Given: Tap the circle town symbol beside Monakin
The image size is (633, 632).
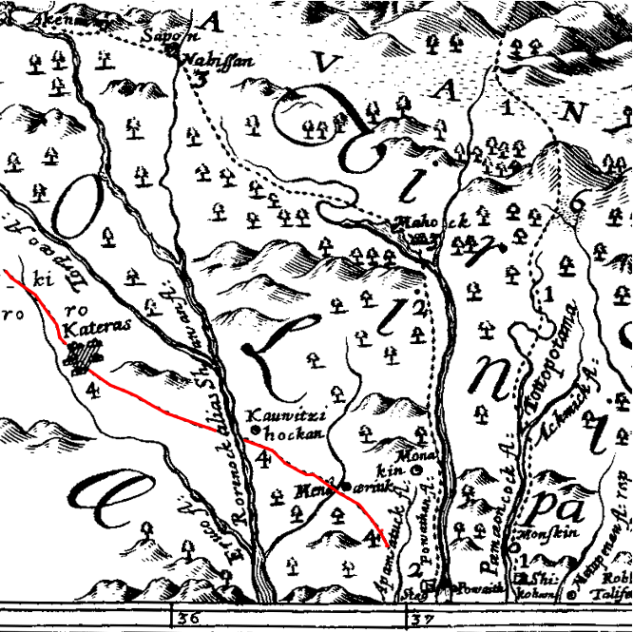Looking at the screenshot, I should click(416, 469).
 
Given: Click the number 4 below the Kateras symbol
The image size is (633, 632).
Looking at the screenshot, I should click(91, 390).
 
